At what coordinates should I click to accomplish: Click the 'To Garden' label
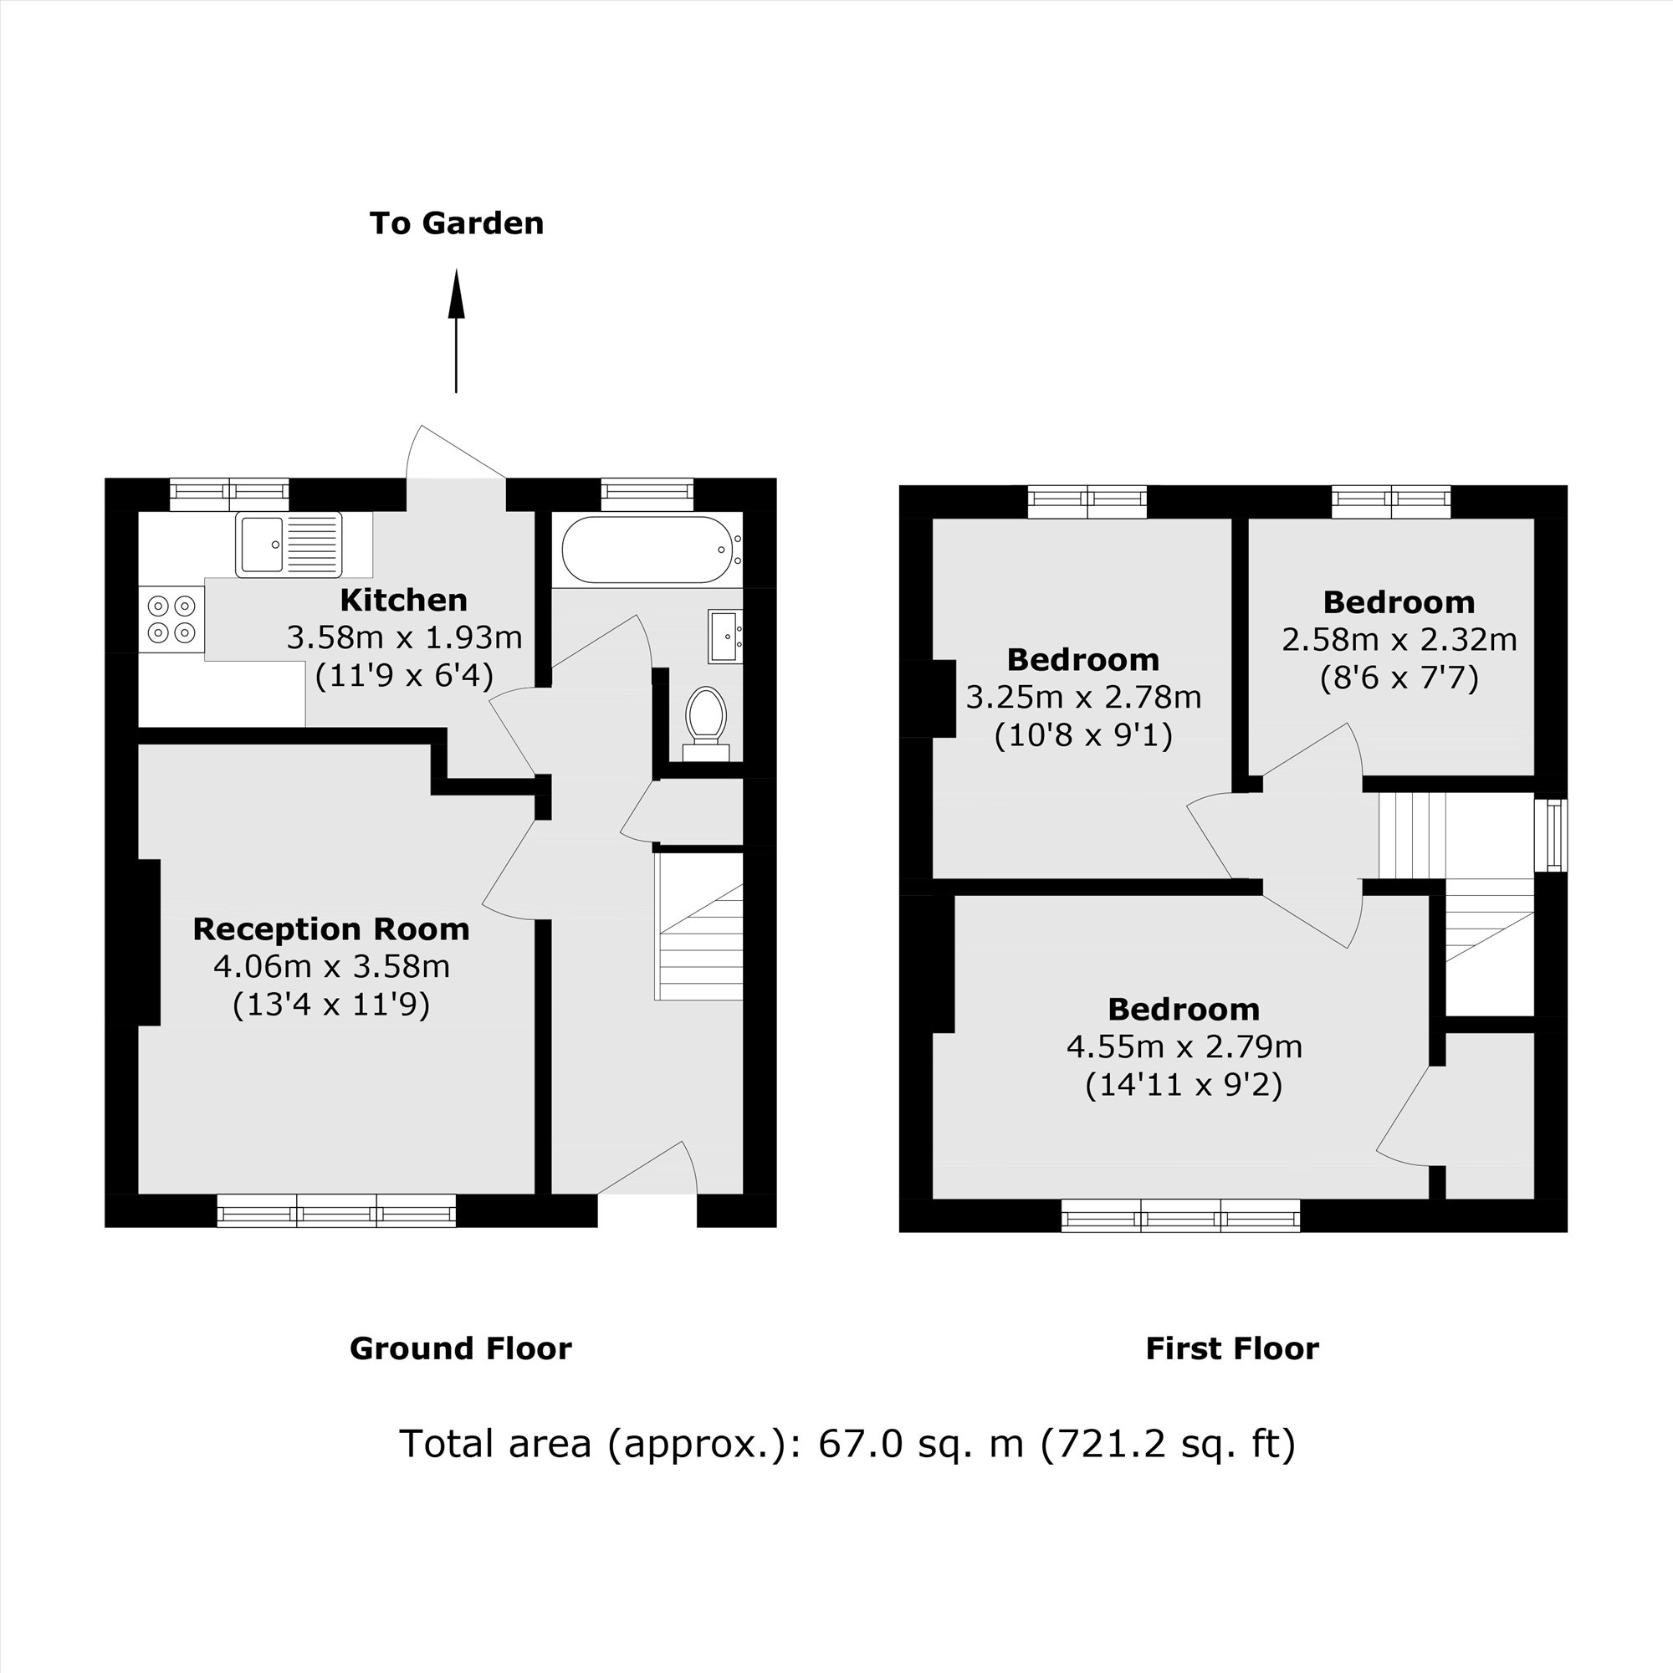click(x=457, y=223)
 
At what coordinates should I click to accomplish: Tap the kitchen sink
click(x=289, y=545)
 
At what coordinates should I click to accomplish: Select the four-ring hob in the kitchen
click(x=171, y=619)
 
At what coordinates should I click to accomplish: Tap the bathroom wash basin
click(x=724, y=637)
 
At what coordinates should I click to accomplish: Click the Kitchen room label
click(x=403, y=600)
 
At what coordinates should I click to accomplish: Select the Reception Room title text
click(x=330, y=929)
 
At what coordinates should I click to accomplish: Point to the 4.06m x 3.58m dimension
click(x=331, y=966)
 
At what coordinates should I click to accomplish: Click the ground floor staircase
click(x=700, y=944)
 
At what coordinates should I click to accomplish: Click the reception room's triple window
click(x=336, y=1210)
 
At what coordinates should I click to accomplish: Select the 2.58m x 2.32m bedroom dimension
click(x=1399, y=640)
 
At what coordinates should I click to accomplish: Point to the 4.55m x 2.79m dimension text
click(x=1184, y=1047)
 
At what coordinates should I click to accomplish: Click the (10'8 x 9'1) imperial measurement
click(x=1082, y=735)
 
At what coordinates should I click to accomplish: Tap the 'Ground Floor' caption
click(x=460, y=1348)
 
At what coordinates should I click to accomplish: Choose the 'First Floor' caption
click(x=1231, y=1348)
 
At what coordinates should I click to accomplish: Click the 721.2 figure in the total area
click(x=1094, y=1444)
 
